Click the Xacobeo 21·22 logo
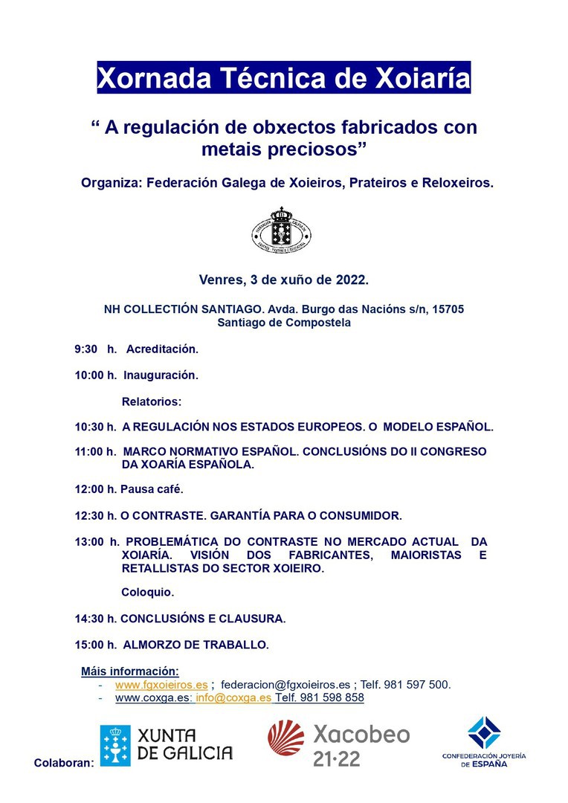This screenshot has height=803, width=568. [339, 744]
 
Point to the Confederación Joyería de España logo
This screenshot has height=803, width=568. [483, 741]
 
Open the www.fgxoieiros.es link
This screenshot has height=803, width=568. [161, 684]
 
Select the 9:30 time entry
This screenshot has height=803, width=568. [85, 348]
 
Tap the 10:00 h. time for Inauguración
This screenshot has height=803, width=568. [95, 375]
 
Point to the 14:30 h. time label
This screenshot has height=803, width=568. [96, 618]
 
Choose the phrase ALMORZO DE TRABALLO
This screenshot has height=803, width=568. [196, 644]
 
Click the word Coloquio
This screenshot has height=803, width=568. [147, 593]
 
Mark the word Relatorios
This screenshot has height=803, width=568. [151, 401]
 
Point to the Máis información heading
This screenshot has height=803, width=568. [130, 671]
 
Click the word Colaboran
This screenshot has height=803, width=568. [64, 763]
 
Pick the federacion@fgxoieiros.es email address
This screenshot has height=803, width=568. [285, 684]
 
